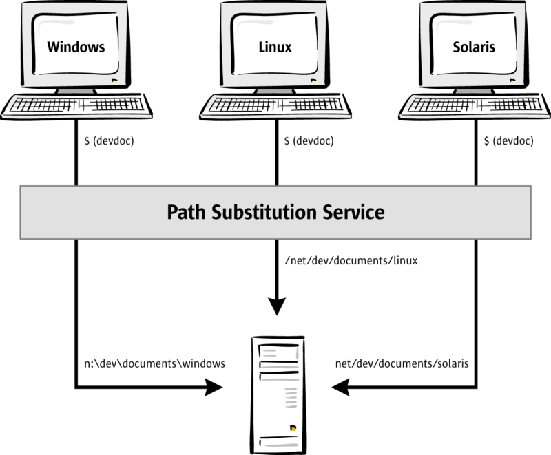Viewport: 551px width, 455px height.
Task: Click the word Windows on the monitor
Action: click(76, 48)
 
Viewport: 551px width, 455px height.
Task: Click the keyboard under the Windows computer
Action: click(76, 105)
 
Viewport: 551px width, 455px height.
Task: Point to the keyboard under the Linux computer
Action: click(275, 105)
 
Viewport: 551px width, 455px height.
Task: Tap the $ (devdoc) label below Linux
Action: click(309, 141)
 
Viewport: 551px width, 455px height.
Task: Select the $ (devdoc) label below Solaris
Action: click(509, 141)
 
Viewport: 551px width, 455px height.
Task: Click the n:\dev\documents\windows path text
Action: click(153, 363)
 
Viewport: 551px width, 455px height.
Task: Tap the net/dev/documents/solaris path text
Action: click(402, 363)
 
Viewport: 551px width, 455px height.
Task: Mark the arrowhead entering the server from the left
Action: click(216, 389)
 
